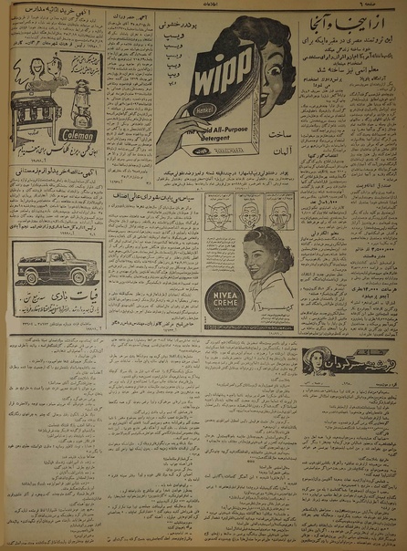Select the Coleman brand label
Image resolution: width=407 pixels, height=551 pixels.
click(77, 133)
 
